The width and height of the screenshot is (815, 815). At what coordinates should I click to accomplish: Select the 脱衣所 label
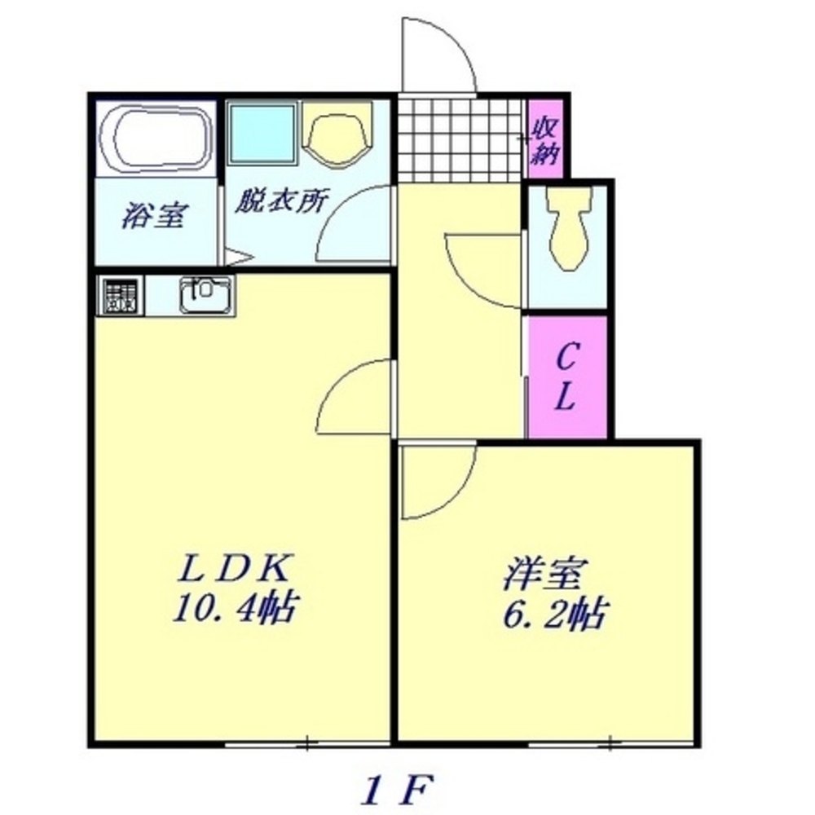(x=281, y=202)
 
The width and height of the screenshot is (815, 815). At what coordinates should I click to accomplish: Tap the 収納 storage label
(x=544, y=140)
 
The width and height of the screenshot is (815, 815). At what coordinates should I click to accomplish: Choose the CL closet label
(x=567, y=377)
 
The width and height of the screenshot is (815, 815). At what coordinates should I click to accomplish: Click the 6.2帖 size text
(x=553, y=614)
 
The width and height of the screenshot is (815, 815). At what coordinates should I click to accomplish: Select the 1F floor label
(x=397, y=788)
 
